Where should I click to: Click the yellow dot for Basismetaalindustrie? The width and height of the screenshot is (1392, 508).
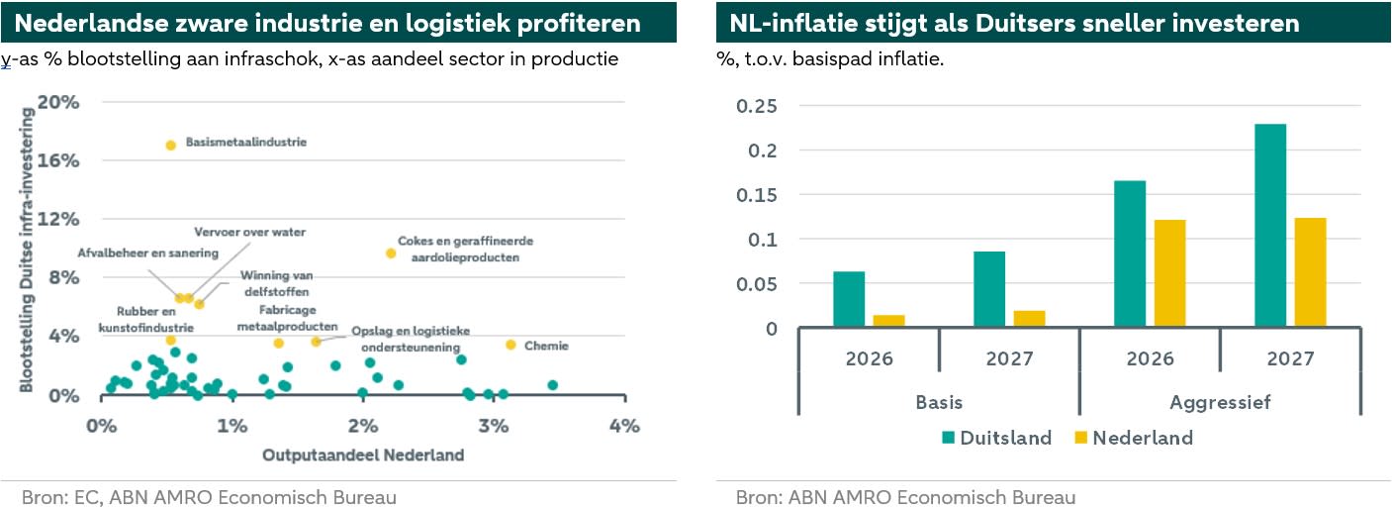click(170, 145)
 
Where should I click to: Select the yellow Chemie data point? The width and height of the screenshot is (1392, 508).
click(510, 345)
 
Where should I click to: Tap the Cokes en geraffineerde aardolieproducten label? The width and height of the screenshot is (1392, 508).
click(458, 249)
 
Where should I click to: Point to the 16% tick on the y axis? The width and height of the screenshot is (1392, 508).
click(58, 160)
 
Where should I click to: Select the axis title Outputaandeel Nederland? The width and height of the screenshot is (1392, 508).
click(362, 456)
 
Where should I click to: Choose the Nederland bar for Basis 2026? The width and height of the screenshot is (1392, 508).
click(889, 321)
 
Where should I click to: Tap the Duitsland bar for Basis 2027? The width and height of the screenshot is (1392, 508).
click(989, 289)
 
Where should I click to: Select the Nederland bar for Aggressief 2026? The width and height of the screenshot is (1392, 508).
click(1169, 273)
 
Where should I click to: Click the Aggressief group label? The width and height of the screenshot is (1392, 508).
click(1220, 403)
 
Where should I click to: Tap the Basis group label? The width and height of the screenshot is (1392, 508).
click(938, 403)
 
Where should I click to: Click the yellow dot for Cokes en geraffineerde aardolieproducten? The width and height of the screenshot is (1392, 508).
click(391, 254)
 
